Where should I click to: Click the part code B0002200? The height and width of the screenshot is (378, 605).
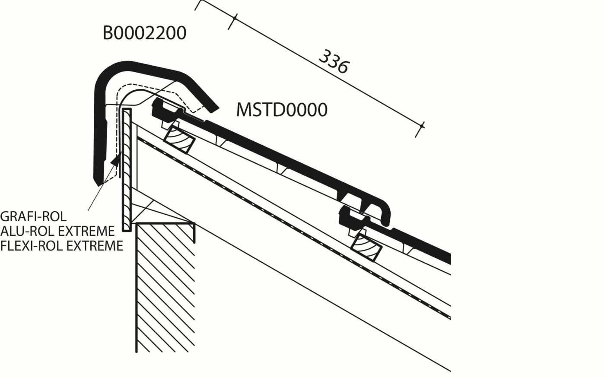tap(144, 33)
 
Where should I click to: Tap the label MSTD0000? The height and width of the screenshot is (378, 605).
tap(281, 110)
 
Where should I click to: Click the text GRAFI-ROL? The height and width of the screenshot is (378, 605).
tap(34, 217)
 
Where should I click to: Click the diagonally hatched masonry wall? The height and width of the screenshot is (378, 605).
tap(166, 285)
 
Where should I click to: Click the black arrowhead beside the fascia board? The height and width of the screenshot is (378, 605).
tap(115, 161)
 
